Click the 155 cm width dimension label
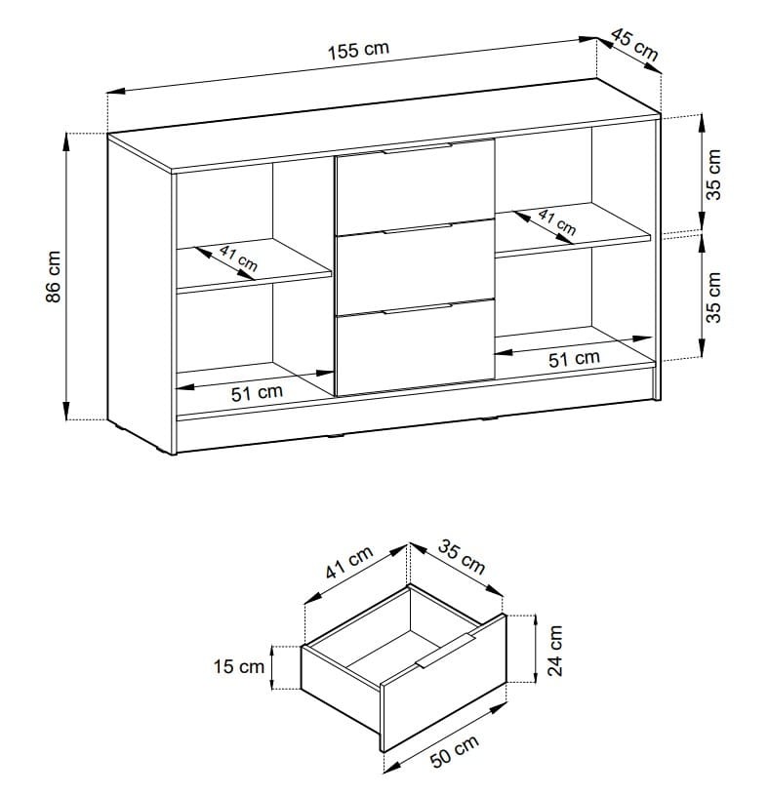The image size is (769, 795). (x=358, y=50)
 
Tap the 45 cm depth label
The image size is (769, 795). (x=634, y=44)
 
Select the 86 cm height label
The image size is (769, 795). (x=54, y=276)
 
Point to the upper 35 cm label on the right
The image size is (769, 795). (x=713, y=175)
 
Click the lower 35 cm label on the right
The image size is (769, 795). (x=713, y=298)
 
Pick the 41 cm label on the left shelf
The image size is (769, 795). (x=238, y=258)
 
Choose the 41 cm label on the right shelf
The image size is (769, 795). (x=557, y=222)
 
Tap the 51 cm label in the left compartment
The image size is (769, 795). (x=257, y=393)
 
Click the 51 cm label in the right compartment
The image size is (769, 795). (x=574, y=359)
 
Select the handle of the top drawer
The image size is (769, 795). (x=417, y=148)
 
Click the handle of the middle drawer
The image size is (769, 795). (x=417, y=228)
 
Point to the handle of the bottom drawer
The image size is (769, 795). (x=417, y=309)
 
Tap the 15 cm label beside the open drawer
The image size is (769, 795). (x=238, y=666)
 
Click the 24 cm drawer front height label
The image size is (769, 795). (x=555, y=651)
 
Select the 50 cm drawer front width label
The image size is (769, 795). (x=455, y=751)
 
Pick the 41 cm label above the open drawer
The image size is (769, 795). (x=349, y=563)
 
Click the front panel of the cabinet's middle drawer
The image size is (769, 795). (x=415, y=267)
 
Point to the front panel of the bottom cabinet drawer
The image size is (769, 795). (x=415, y=347)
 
